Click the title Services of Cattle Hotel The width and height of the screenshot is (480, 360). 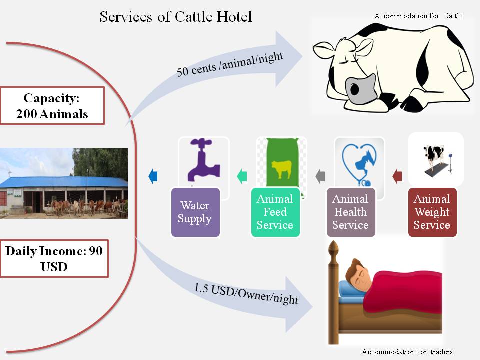pyautogui.click(x=176, y=17)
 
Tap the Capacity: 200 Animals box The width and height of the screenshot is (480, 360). pyautogui.click(x=52, y=106)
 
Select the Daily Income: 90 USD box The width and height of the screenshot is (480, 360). pyautogui.click(x=54, y=258)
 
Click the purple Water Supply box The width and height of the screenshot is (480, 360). pyautogui.click(x=195, y=212)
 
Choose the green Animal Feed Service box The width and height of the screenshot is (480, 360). pyautogui.click(x=275, y=212)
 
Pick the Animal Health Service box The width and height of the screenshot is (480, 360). pyautogui.click(x=351, y=212)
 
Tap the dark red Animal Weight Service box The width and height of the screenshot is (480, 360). pyautogui.click(x=432, y=212)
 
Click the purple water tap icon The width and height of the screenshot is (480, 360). pyautogui.click(x=204, y=160)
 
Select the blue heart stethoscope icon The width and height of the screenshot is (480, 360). pyautogui.click(x=359, y=164)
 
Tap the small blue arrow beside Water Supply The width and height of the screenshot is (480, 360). pyautogui.click(x=153, y=176)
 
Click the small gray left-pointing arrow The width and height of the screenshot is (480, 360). pyautogui.click(x=320, y=176)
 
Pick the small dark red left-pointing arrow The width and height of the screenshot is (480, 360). pyautogui.click(x=397, y=176)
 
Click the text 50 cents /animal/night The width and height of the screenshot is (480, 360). pyautogui.click(x=230, y=64)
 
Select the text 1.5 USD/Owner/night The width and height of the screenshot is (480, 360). pyautogui.click(x=246, y=294)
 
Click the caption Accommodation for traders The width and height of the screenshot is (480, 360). pyautogui.click(x=407, y=351)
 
